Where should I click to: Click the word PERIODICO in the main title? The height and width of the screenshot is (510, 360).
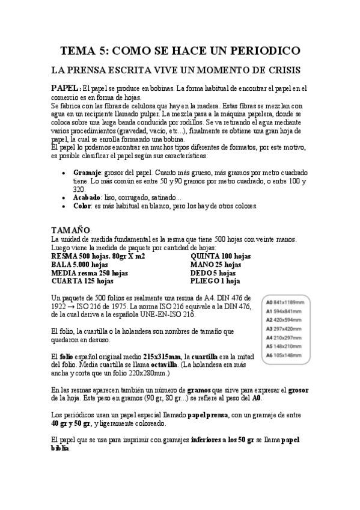(x=257, y=51)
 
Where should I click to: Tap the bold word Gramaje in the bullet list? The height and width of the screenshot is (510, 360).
(x=88, y=171)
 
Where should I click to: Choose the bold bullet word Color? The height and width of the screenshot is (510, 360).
(x=82, y=206)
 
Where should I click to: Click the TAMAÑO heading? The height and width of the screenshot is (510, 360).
(x=71, y=230)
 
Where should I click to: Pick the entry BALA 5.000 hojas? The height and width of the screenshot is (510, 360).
(x=80, y=264)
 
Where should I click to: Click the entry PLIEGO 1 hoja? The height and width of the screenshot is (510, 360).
(x=215, y=280)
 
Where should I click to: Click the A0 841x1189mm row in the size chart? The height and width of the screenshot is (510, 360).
(x=284, y=302)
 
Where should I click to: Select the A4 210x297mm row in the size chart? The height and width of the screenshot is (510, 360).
(x=284, y=337)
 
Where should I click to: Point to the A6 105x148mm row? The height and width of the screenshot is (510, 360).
(x=284, y=355)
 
